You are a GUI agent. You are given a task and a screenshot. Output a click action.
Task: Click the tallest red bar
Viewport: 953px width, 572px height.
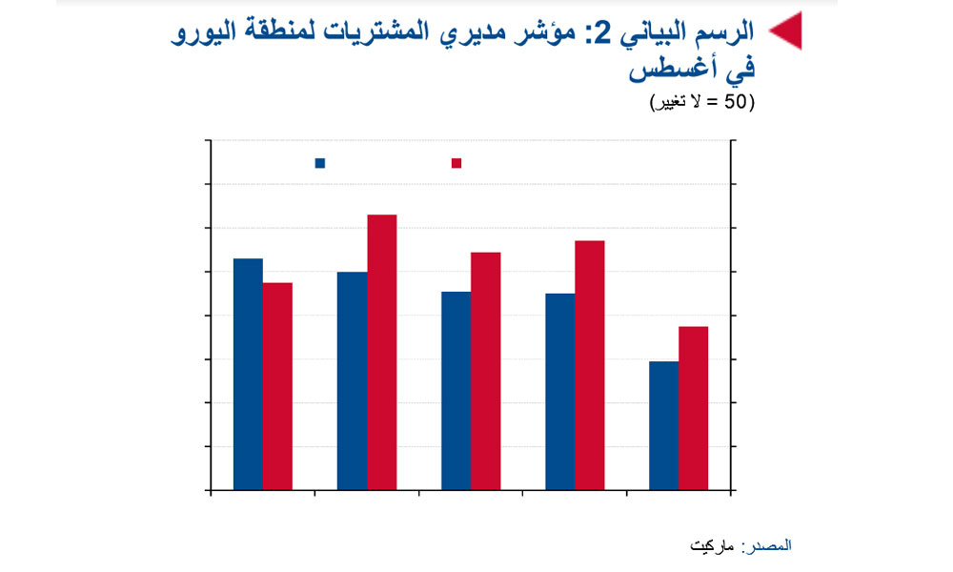point(382,352)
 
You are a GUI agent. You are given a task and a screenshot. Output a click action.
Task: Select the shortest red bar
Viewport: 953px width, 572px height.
point(694,408)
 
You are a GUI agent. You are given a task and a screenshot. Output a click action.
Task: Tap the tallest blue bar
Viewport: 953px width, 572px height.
point(248,374)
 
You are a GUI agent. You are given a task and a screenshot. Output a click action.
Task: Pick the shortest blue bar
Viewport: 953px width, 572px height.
point(663,425)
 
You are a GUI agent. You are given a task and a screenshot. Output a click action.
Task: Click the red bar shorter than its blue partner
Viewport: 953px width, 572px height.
point(277,386)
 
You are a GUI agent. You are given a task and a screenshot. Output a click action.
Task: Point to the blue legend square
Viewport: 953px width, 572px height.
point(319,163)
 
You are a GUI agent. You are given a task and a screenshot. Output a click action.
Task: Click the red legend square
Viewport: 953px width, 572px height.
point(456,163)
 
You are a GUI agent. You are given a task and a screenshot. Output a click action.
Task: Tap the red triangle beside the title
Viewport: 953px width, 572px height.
point(786,31)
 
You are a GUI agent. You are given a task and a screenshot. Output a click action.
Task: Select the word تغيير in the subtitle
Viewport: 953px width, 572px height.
point(670,102)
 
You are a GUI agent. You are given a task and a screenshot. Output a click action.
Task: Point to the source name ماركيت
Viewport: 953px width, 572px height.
point(712,546)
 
